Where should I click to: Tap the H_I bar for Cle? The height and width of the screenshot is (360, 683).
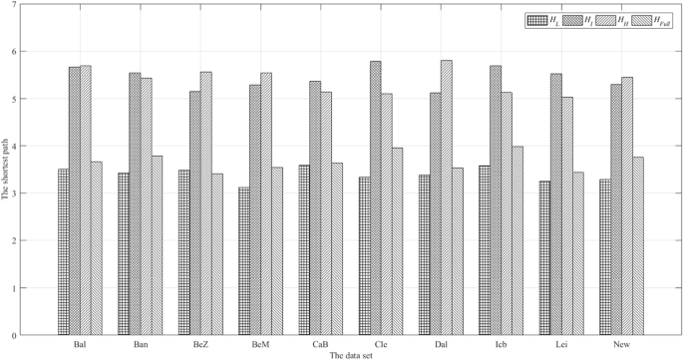pyautogui.click(x=375, y=198)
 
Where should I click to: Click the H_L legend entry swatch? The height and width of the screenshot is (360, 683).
pyautogui.click(x=539, y=19)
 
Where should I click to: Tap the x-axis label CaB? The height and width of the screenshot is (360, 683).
pyautogui.click(x=319, y=344)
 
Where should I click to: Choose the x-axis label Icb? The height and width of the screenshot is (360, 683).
pyautogui.click(x=500, y=344)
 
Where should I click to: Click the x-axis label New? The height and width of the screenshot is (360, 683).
pyautogui.click(x=621, y=344)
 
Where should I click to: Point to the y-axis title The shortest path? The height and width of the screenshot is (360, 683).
pyautogui.click(x=6, y=171)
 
